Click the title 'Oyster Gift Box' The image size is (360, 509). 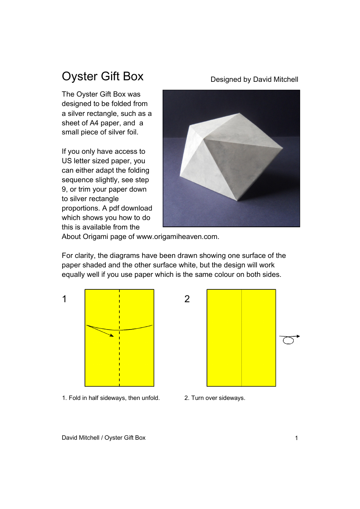102,77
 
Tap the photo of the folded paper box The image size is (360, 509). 231,158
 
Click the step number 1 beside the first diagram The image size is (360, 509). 64,299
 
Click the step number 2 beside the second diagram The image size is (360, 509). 187,299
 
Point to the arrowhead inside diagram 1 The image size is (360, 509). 111,335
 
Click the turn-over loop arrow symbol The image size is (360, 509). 289,339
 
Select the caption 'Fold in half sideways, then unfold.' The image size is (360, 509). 114,398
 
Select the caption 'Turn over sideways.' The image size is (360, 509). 218,398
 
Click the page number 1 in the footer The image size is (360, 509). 296,438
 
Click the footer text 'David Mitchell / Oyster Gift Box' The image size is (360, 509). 103,438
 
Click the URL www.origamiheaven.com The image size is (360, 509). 177,237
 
